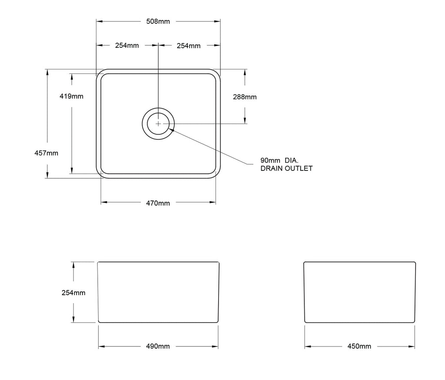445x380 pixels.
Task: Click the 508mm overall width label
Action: click(x=158, y=21)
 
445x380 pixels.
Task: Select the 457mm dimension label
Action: click(x=46, y=153)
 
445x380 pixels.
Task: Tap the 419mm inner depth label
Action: click(x=71, y=96)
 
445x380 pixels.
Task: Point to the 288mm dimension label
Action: click(x=245, y=97)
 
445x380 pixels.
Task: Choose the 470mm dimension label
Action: click(x=158, y=203)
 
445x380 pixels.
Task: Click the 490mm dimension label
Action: click(x=158, y=347)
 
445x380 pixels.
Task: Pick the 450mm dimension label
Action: click(x=359, y=347)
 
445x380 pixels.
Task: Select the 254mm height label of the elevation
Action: click(x=73, y=293)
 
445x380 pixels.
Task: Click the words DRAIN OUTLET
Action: click(x=286, y=168)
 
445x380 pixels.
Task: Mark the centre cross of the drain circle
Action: click(x=158, y=123)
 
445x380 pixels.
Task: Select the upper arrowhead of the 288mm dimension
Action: click(x=245, y=72)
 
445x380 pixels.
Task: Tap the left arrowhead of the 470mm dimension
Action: click(x=104, y=203)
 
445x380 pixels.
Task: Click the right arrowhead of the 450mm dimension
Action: click(x=412, y=347)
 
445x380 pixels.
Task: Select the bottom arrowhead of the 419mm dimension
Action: click(x=72, y=171)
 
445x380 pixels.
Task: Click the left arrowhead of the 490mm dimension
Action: click(x=102, y=347)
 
